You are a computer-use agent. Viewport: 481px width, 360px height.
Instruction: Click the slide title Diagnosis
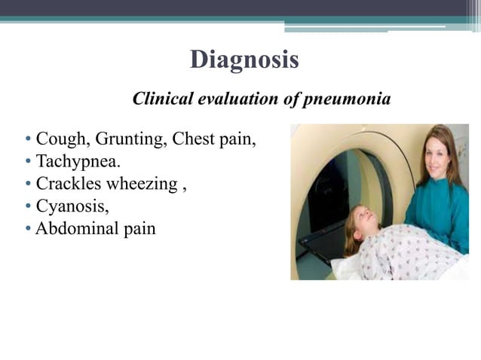point(244,59)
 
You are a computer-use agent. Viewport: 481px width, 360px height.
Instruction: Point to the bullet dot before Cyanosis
point(28,206)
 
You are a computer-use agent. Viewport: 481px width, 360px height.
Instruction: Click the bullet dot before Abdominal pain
point(28,228)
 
